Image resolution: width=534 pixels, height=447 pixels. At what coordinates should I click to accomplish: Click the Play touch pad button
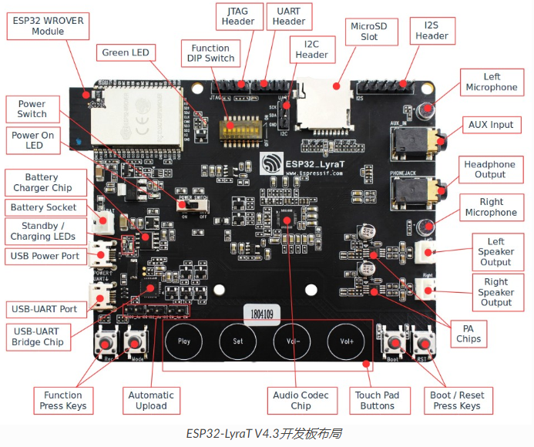coord(184,340)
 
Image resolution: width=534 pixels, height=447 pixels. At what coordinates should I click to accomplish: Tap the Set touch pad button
coord(238,340)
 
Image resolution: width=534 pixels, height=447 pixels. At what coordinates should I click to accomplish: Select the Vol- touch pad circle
coord(293,340)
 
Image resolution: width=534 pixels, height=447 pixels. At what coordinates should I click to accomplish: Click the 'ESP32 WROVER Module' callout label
coord(48,26)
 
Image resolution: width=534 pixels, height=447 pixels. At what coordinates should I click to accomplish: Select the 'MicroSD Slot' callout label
coord(369,32)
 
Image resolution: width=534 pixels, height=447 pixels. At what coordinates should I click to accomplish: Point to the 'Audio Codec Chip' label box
coord(301,400)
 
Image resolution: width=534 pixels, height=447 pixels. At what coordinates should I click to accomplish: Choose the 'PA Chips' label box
coord(468,333)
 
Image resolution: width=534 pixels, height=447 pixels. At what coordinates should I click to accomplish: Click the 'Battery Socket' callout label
coord(44,207)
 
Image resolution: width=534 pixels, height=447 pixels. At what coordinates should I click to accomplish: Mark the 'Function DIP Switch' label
coord(210,53)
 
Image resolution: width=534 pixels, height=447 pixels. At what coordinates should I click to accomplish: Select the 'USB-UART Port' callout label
coord(44,309)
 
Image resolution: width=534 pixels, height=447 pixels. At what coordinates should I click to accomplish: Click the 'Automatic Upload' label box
coord(151,400)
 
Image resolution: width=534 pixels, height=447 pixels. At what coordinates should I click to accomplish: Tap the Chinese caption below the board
coord(267,433)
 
